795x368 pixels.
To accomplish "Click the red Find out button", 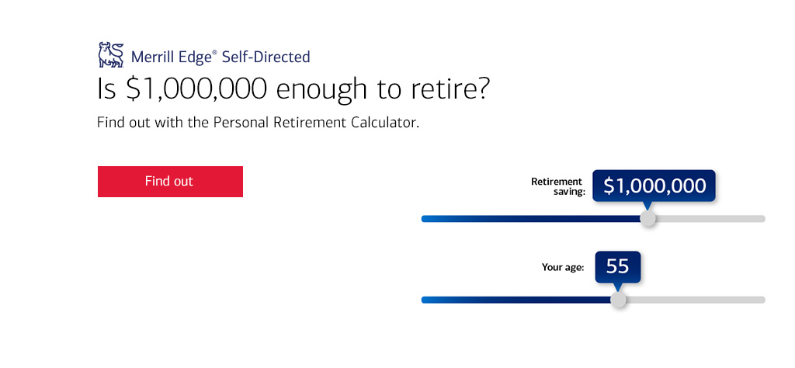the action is [x=170, y=182].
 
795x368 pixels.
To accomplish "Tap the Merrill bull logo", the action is [x=111, y=55].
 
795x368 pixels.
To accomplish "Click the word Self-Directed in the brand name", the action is [x=266, y=57].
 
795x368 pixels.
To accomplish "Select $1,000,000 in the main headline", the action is [x=196, y=89].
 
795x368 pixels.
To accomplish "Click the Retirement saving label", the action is [x=558, y=186].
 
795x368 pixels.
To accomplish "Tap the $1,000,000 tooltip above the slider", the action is [x=654, y=186].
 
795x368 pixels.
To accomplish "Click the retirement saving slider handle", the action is [x=647, y=219].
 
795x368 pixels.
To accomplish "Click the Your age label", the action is [x=563, y=267].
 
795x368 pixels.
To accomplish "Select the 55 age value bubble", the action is [x=617, y=266].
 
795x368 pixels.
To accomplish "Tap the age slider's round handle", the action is [x=617, y=300].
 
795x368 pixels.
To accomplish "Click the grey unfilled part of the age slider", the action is [x=695, y=300].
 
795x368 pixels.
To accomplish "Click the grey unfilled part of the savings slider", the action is [x=710, y=219].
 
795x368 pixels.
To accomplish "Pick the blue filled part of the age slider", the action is [x=516, y=300].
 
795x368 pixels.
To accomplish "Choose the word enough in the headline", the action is [x=321, y=90].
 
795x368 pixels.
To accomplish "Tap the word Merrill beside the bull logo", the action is [x=151, y=57].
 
